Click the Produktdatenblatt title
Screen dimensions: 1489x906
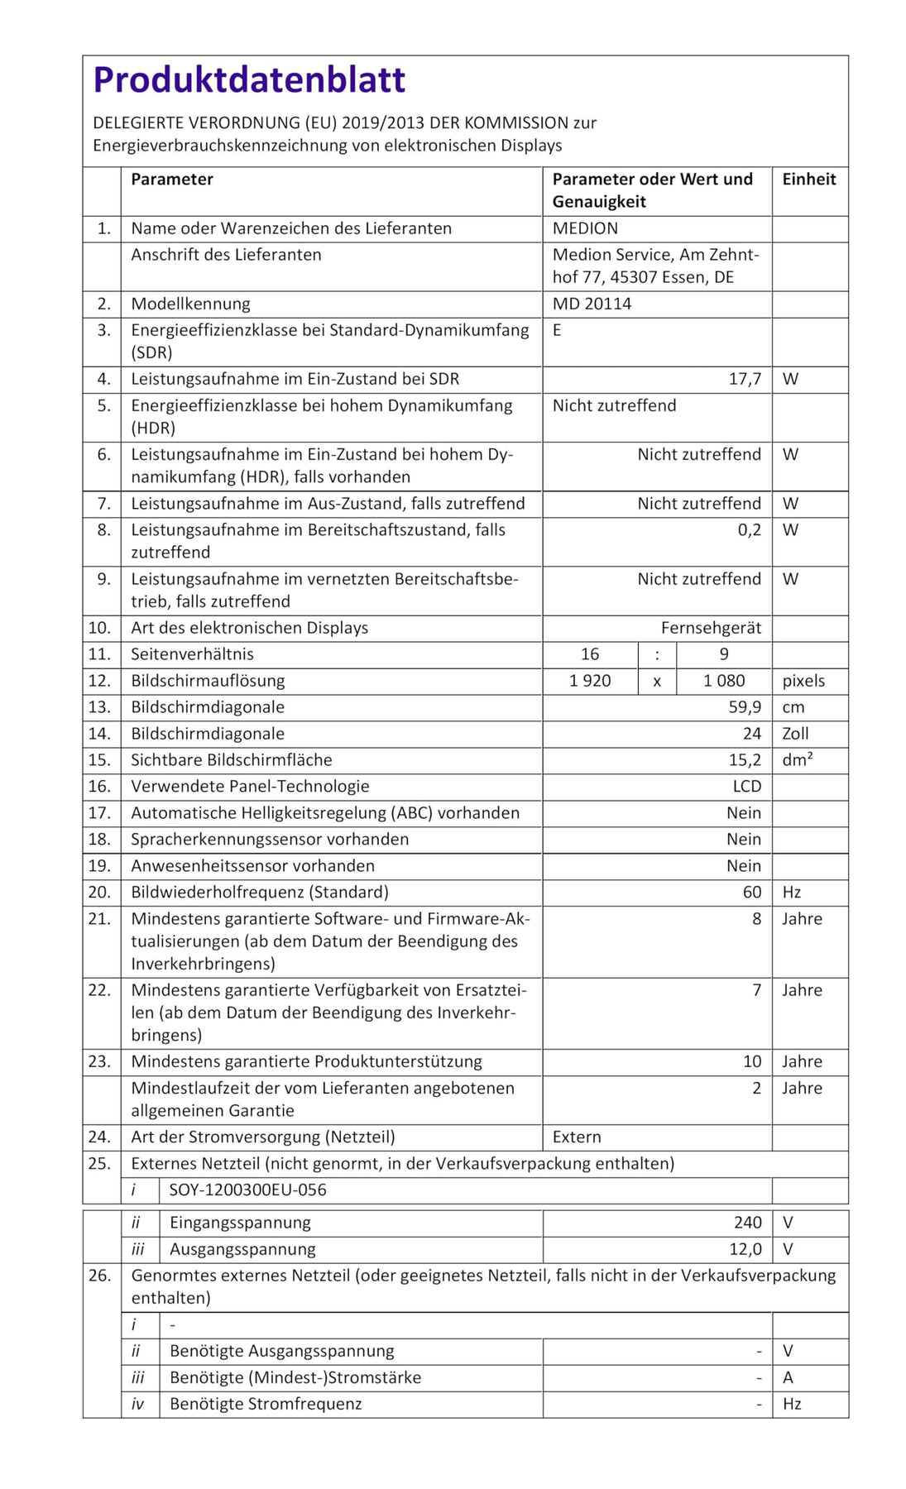point(249,80)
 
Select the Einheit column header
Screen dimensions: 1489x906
point(808,180)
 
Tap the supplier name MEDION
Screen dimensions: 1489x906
point(585,228)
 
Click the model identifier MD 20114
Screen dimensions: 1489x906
point(592,304)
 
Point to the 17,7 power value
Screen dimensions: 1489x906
point(745,379)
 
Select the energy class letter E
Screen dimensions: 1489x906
point(558,330)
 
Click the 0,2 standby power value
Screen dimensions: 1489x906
point(749,529)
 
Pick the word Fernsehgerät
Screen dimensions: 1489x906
point(711,628)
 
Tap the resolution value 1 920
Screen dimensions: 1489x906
point(590,681)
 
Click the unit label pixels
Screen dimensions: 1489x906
point(803,681)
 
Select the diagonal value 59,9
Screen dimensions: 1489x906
point(745,707)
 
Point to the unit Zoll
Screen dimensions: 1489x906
point(795,734)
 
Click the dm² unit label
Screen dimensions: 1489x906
point(797,759)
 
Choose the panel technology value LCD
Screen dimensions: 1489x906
point(746,786)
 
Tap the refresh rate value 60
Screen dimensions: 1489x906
point(751,892)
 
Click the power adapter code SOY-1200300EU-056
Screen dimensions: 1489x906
point(247,1190)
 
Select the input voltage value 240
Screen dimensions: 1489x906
point(747,1223)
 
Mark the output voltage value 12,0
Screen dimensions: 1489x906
point(745,1249)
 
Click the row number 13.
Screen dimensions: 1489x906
point(99,707)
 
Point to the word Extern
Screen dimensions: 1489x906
point(577,1137)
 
